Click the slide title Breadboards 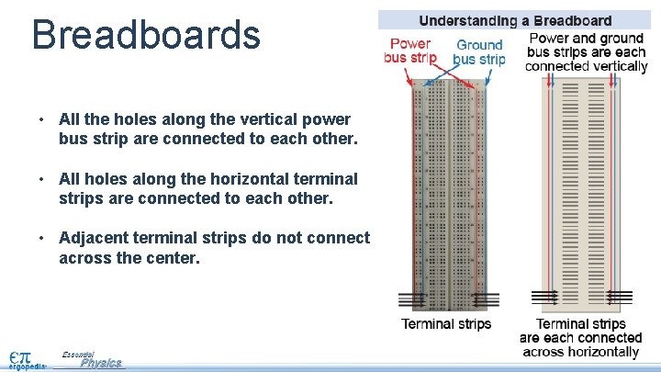[146, 34]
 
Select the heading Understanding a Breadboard [515, 20]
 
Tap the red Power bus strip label [409, 51]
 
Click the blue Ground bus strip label [479, 51]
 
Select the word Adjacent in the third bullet [93, 239]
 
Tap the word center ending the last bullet [173, 259]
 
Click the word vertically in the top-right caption [615, 66]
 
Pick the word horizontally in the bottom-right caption [593, 352]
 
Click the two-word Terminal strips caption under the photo [446, 323]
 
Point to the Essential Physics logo [92, 360]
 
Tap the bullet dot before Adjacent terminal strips [41, 239]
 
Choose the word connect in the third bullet [342, 239]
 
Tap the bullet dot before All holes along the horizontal [41, 179]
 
